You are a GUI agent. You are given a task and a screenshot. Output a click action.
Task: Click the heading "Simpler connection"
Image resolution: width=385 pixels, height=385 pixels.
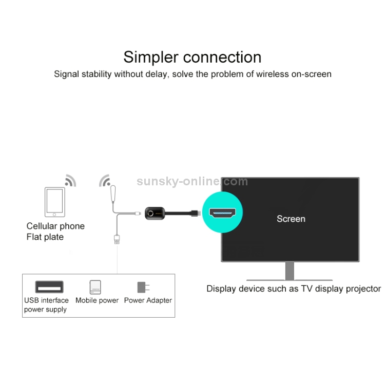click(x=192, y=56)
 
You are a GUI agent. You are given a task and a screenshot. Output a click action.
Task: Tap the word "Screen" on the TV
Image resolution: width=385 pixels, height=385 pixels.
click(x=291, y=219)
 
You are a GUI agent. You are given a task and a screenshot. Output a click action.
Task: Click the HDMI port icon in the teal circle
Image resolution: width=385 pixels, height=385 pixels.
click(x=222, y=213)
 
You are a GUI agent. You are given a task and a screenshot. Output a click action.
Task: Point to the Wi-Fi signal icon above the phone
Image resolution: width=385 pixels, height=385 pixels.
click(x=70, y=180)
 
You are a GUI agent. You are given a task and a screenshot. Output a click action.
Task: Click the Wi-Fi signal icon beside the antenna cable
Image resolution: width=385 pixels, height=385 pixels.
click(x=105, y=181)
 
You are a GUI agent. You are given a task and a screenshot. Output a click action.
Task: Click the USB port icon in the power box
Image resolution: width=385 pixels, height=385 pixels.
click(x=49, y=287)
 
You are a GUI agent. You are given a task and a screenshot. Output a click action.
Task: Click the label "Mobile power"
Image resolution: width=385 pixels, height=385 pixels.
click(x=97, y=300)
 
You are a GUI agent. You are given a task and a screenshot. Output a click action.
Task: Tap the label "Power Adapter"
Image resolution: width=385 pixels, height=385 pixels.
click(x=148, y=300)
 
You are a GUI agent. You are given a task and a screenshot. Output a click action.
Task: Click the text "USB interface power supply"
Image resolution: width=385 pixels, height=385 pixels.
click(x=46, y=305)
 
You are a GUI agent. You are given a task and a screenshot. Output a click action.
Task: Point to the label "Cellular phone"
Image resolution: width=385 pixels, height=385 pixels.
click(x=55, y=226)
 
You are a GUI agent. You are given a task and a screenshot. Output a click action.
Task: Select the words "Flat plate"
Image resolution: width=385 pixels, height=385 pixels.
click(x=45, y=237)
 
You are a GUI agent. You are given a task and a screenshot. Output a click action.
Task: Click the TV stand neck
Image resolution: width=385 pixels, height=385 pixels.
click(x=290, y=271)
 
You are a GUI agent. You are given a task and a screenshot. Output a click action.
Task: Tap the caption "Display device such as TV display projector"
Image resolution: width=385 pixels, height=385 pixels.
click(x=294, y=288)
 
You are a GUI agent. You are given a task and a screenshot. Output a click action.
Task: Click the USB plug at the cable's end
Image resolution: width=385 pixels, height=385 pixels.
click(x=118, y=239)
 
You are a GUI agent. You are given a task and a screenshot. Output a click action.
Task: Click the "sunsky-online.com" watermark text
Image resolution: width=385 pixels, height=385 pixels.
click(x=192, y=181)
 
